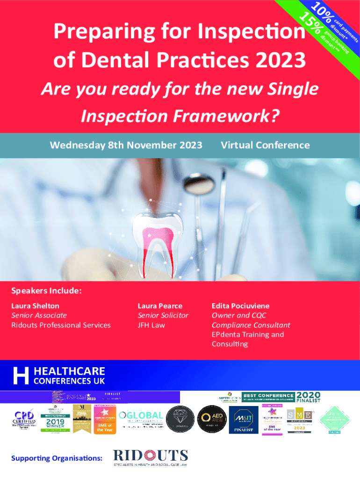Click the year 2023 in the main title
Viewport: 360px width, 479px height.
[x=282, y=60]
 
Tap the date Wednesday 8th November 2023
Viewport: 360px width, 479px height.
[x=126, y=145]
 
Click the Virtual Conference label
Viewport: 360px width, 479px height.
[x=265, y=145]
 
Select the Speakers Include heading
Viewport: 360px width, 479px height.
[x=47, y=291]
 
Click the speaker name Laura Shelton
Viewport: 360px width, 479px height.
[x=35, y=306]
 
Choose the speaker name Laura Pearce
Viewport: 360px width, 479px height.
[x=160, y=306]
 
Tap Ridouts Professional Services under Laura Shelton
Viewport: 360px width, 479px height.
[x=61, y=325]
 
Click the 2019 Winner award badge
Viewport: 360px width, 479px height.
[x=56, y=420]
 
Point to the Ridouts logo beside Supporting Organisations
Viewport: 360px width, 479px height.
[x=151, y=458]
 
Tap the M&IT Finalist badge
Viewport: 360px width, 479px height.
[x=240, y=419]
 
